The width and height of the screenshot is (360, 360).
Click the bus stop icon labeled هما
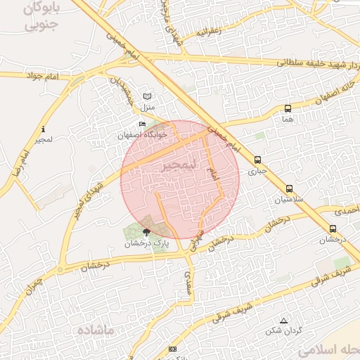tap(288, 108)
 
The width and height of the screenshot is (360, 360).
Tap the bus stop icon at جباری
tap(258, 160)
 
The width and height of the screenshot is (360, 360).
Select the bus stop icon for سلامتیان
tap(289, 188)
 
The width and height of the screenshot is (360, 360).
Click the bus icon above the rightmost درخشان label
tap(333, 229)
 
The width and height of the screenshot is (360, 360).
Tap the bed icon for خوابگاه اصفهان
tap(143, 124)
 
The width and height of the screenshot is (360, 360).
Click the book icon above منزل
tap(147, 96)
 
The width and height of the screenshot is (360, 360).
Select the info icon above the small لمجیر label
tap(44, 129)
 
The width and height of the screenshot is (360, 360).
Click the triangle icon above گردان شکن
tap(283, 321)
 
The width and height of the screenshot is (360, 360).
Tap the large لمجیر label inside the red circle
tap(176, 166)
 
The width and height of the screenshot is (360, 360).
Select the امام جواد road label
tap(44, 75)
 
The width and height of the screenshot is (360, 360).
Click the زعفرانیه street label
tap(210, 30)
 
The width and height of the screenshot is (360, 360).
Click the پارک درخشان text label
tap(148, 244)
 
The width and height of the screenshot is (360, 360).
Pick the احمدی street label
tap(345, 210)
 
